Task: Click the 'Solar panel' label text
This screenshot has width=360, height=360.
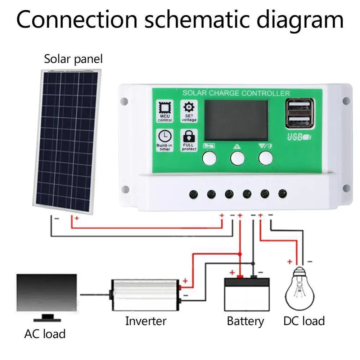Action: point(73,59)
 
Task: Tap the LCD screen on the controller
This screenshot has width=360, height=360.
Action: point(236,120)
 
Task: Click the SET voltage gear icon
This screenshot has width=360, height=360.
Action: point(189,108)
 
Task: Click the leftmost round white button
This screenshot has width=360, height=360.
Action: point(209,158)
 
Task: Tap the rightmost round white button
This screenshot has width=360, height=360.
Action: point(265,158)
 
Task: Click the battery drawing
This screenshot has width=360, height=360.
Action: point(247,293)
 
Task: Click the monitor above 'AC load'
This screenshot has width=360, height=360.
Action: point(47,292)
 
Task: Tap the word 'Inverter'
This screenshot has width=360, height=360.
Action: point(146,321)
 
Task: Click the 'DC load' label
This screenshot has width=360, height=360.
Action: point(304,321)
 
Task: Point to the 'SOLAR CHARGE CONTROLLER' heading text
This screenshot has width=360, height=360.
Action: point(236,93)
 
